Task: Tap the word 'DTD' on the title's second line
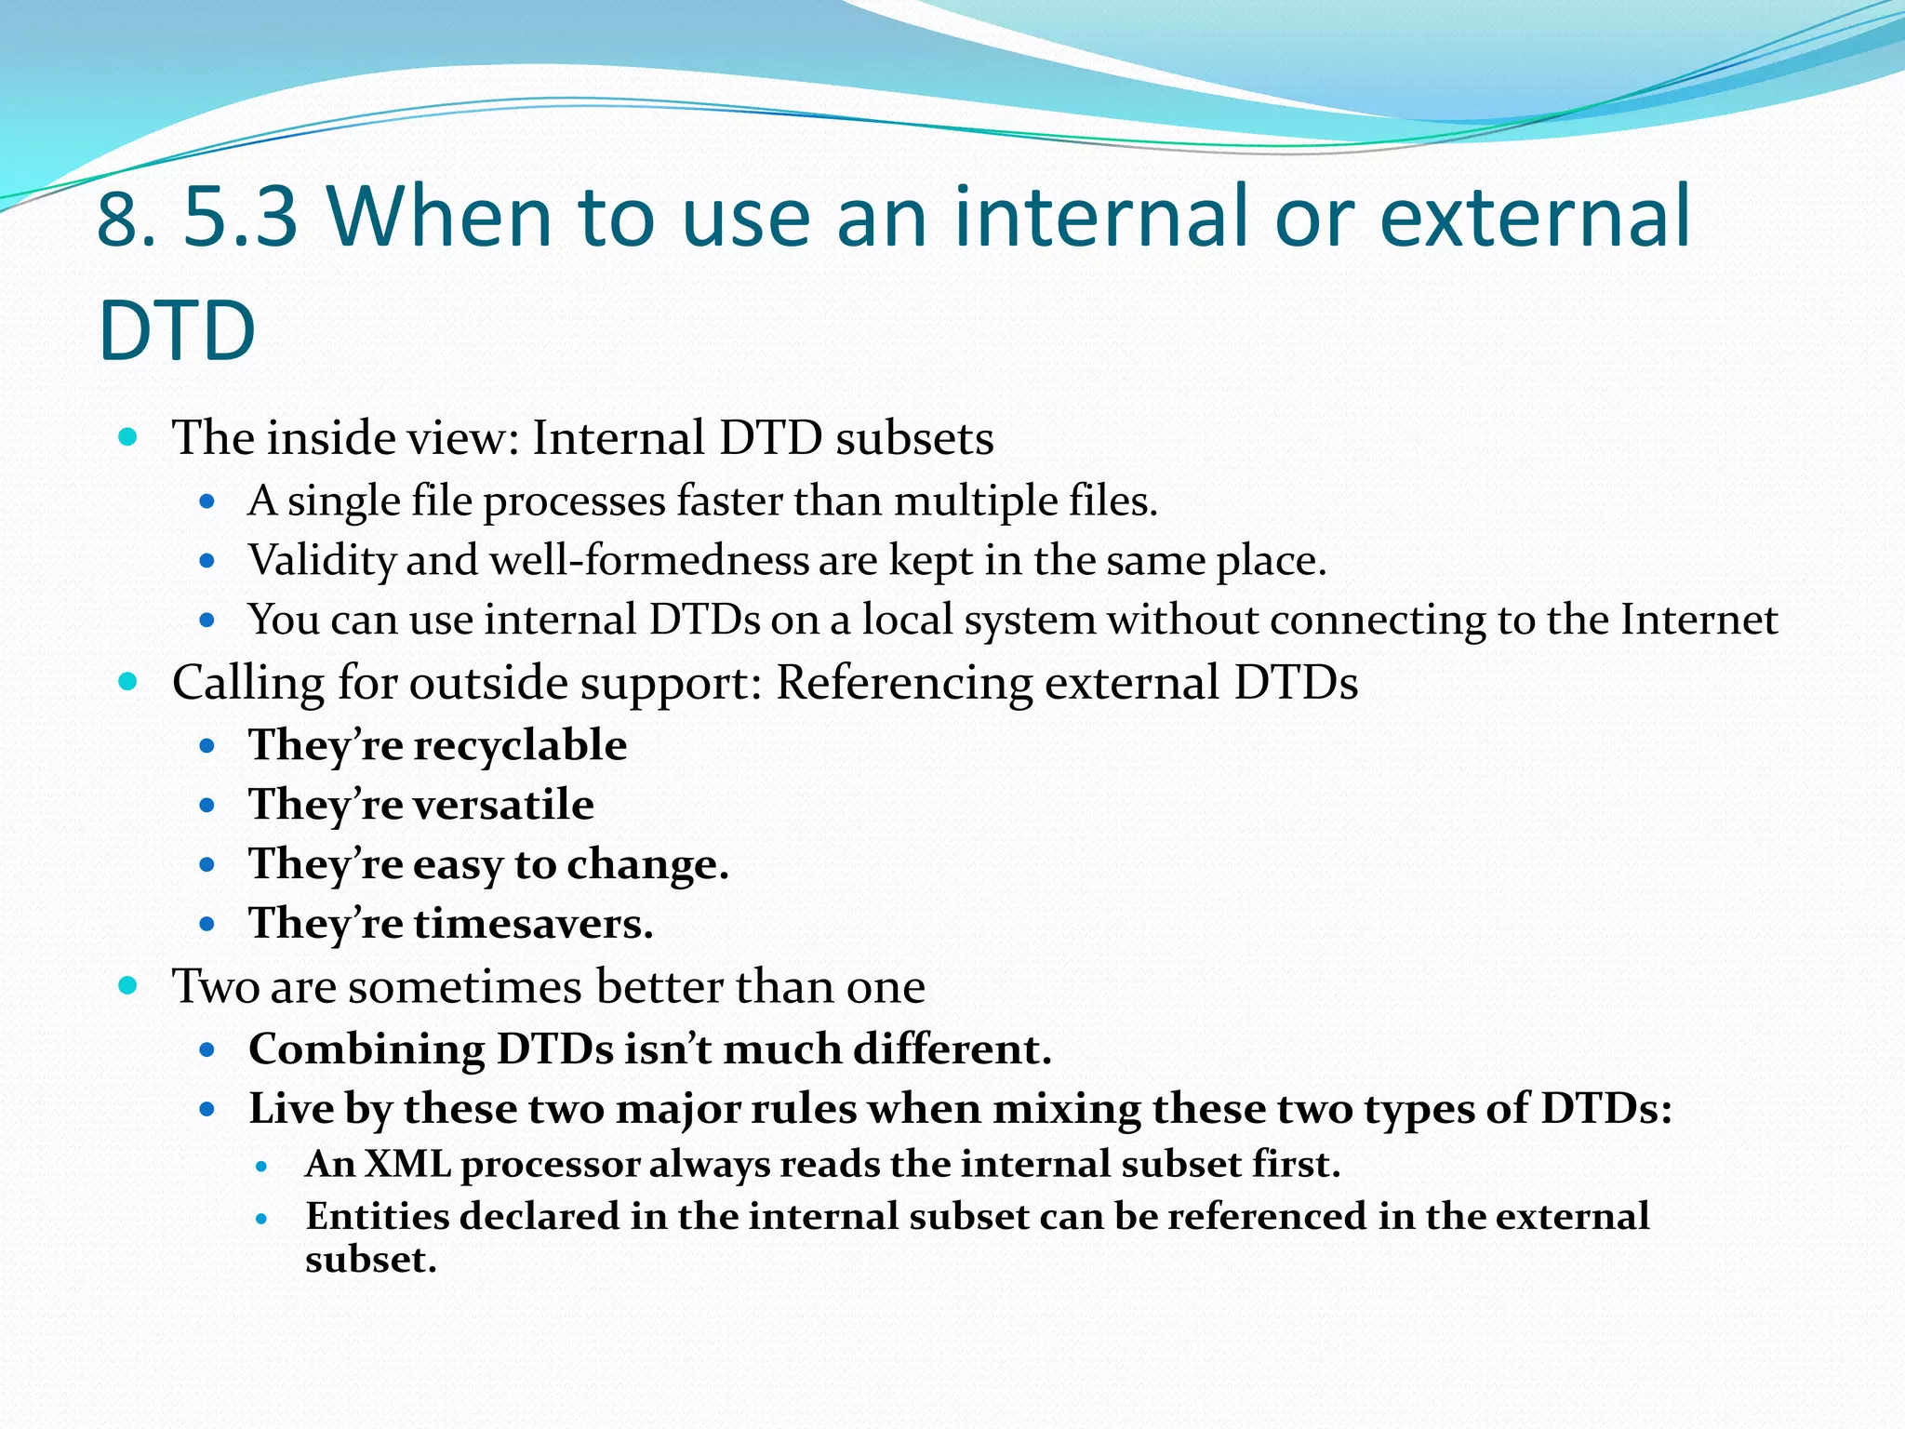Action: [177, 331]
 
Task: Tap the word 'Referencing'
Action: [903, 683]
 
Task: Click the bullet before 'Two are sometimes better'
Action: [128, 985]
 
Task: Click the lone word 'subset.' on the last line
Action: [370, 1260]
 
